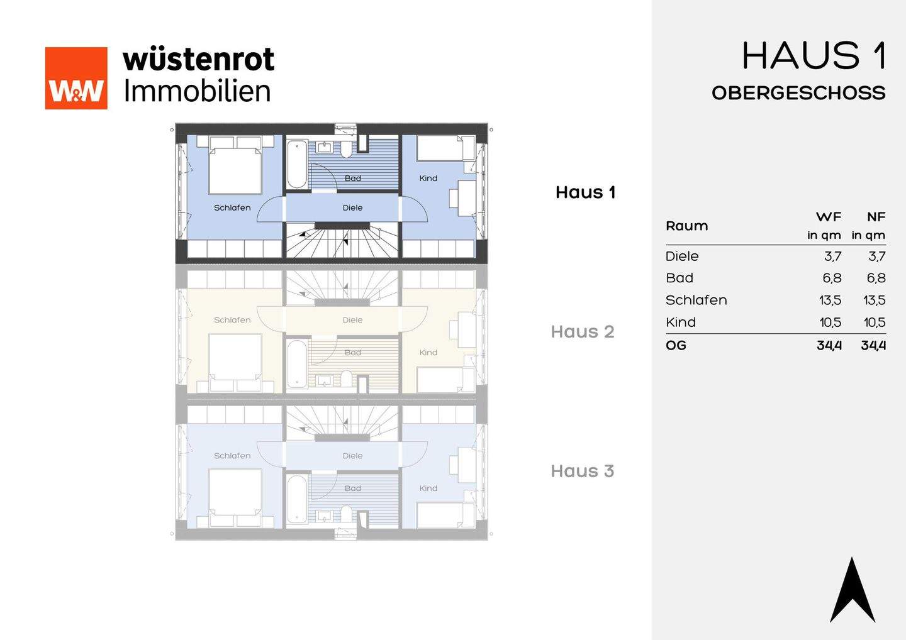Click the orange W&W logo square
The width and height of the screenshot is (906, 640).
point(76,78)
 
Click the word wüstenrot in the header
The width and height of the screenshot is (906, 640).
point(199,60)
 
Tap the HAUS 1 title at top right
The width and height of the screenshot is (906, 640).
point(814,56)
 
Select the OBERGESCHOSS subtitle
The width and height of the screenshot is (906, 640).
point(798,93)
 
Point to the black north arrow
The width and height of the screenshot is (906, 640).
point(853,591)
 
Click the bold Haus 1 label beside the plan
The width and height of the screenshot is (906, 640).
point(585,192)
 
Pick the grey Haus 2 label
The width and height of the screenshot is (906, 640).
point(582,332)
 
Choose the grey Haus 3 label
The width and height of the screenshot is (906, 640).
point(582,472)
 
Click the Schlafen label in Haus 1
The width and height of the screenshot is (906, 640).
point(232,207)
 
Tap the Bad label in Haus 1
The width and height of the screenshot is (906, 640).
point(353,179)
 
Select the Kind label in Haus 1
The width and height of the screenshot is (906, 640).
point(428,179)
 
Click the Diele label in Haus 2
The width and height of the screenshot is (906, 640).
point(353,320)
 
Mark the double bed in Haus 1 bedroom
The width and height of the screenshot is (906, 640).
point(235,165)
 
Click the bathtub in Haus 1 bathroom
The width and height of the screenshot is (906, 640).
point(297,164)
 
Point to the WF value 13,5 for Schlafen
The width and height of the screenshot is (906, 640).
point(830,301)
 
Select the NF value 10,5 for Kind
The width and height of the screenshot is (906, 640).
point(874,323)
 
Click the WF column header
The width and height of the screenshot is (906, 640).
point(829,217)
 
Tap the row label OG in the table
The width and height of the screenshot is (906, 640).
point(676,346)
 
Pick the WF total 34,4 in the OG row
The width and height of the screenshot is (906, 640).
point(829,346)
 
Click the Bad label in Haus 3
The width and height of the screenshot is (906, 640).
point(353,488)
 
